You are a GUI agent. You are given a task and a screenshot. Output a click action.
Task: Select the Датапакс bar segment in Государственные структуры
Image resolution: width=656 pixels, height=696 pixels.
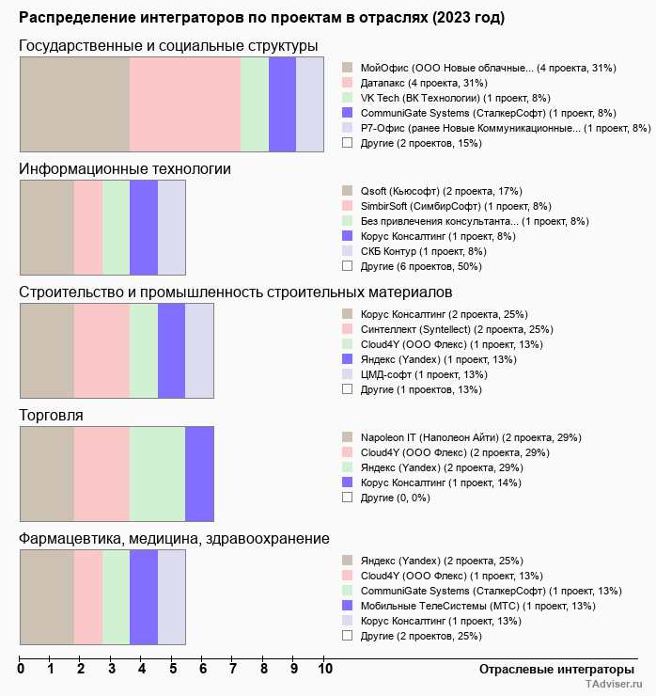184,103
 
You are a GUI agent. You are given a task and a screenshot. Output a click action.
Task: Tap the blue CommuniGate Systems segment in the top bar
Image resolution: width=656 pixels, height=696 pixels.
282,103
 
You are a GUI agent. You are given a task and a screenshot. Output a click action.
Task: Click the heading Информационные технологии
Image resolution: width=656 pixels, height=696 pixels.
125,169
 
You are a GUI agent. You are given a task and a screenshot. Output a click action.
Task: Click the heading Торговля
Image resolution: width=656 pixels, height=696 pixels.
51,416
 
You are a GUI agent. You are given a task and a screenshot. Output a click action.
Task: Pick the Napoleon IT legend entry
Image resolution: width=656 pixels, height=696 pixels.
471,437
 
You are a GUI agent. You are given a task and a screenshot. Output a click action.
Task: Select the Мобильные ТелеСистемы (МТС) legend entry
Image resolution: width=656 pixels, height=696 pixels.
477,606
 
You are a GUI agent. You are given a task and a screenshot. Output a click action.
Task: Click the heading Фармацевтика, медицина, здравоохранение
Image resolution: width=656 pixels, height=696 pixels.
174,539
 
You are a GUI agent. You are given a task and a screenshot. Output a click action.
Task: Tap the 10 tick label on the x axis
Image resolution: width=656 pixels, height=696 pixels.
325,670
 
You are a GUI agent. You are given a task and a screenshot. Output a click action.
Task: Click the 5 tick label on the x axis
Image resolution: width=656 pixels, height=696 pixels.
173,670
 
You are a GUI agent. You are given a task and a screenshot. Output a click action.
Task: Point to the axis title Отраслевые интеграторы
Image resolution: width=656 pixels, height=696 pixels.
551,669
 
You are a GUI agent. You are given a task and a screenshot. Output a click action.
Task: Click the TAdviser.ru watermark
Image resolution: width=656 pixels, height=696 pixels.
614,686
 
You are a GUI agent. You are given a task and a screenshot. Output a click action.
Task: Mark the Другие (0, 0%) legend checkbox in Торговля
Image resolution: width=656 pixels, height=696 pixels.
347,497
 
